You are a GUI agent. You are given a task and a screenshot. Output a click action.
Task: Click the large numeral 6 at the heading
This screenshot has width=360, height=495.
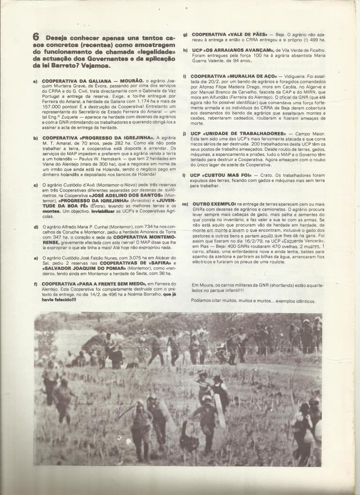tap(36, 37)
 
